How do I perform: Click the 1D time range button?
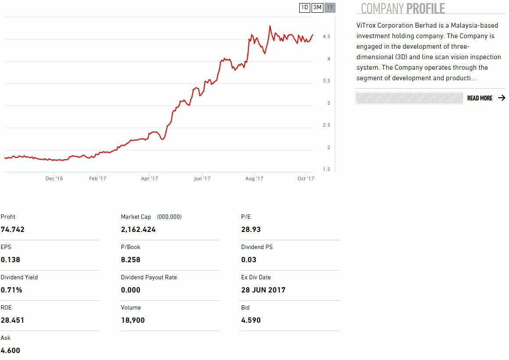305,7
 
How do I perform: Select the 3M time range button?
317,7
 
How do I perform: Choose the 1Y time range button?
330,7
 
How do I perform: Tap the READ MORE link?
480,98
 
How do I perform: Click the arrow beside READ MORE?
502,98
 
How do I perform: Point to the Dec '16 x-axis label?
54,178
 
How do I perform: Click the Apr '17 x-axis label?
149,178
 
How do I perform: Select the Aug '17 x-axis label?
254,178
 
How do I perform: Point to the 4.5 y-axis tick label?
326,37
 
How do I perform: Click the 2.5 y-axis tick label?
326,125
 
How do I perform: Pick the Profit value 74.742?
13,229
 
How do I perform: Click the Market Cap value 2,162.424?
138,229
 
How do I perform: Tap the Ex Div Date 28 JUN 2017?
263,290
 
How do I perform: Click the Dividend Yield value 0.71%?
11,290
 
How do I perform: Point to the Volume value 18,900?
133,320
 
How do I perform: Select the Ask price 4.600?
11,350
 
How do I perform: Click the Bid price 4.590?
251,320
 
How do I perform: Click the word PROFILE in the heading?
425,8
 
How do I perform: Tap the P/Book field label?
131,247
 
